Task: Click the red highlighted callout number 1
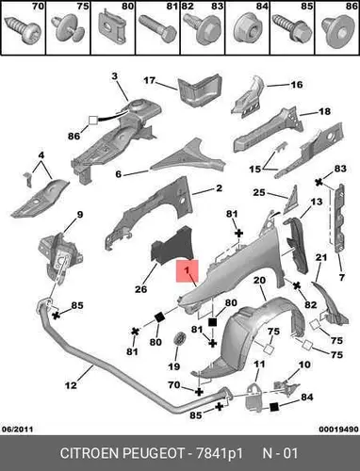pos(188,270)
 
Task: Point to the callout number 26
pos(141,289)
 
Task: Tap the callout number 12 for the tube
pos(71,385)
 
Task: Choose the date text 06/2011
pos(17,429)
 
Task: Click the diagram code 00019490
pos(338,429)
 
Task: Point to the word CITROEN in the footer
pos(90,453)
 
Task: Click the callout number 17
pos(150,81)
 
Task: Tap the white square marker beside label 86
pos(93,121)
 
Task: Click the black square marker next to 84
pos(274,407)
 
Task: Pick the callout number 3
pos(114,76)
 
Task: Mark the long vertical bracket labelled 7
pos(339,219)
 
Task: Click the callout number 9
pos(80,215)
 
